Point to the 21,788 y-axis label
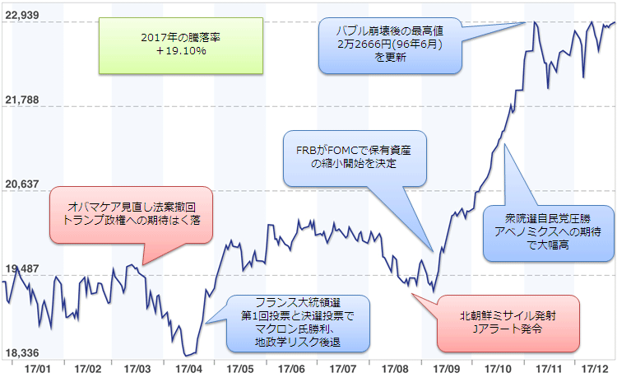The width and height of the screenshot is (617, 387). [x=21, y=100]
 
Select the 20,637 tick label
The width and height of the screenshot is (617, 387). [x=21, y=184]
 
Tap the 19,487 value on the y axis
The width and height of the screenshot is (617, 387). [x=21, y=268]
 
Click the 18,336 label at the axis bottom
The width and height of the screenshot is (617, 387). [x=21, y=352]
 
